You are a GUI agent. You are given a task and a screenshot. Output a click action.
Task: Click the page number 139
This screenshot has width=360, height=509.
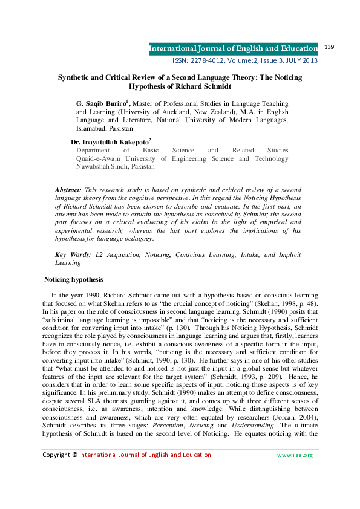point(330,47)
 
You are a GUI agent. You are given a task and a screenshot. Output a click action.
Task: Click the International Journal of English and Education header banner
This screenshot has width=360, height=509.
point(233,48)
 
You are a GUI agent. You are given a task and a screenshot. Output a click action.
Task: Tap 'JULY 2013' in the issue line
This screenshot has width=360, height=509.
point(301,60)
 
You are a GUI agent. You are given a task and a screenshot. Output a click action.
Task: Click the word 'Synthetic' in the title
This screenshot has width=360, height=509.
point(74,78)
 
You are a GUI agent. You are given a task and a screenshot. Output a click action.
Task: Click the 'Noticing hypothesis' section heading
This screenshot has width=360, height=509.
point(74,280)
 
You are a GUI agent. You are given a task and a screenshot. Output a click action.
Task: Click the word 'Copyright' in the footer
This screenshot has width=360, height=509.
point(56,472)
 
